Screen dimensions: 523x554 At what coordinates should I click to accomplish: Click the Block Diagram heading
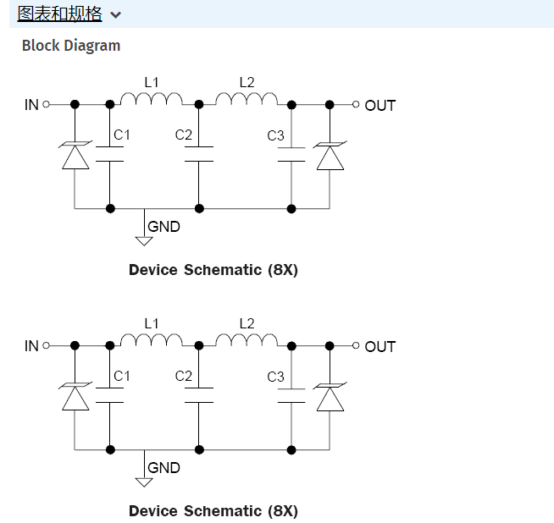point(71,46)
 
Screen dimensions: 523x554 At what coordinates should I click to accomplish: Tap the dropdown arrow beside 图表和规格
point(115,14)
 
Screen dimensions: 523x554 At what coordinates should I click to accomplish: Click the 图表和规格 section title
point(59,14)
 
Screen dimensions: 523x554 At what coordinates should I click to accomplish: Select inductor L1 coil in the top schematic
point(151,100)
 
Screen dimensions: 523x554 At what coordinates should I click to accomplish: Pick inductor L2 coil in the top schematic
point(247,100)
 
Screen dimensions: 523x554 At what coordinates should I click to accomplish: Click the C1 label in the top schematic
point(122,135)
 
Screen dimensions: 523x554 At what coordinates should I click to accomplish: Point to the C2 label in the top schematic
point(184,135)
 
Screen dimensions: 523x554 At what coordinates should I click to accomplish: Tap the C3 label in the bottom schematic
point(275,377)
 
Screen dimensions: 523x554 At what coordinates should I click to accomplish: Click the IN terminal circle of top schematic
point(47,105)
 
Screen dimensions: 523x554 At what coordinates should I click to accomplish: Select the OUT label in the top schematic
point(380,106)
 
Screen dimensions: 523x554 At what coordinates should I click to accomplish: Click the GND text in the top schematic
point(163,227)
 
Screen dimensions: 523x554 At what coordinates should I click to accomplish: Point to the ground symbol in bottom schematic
point(144,482)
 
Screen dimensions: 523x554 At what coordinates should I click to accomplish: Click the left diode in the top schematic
point(75,157)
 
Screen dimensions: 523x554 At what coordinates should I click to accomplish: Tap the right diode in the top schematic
point(330,157)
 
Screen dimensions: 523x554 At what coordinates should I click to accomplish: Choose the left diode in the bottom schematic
point(75,398)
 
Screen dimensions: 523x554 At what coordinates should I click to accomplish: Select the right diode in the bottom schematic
point(330,398)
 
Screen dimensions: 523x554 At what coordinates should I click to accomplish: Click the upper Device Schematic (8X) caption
point(213,270)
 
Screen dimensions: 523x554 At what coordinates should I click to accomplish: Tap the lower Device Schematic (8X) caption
point(213,511)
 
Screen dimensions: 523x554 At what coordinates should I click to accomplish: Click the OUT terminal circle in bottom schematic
point(356,346)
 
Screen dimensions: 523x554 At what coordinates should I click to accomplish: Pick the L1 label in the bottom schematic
point(152,323)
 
